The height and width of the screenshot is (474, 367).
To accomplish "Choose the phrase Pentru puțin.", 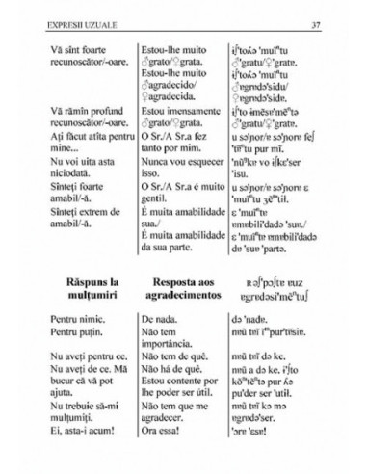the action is coord(73,330).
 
